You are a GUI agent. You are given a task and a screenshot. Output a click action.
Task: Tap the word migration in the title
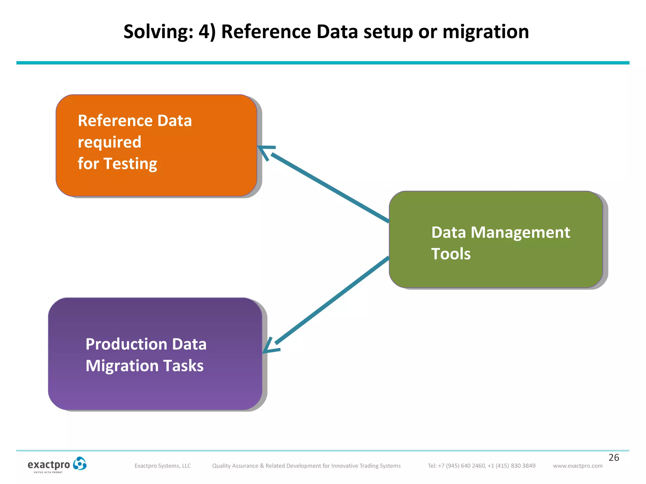(x=485, y=32)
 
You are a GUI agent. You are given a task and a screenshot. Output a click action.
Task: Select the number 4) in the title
(x=207, y=32)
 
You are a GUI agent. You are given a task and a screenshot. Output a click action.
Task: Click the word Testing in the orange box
(x=130, y=164)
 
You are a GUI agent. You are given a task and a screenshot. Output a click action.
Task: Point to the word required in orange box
(x=109, y=142)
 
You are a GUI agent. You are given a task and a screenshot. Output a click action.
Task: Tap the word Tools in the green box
(x=451, y=254)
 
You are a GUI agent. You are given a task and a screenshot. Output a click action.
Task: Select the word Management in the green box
(x=520, y=233)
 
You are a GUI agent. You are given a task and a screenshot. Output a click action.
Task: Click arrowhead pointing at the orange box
(x=264, y=150)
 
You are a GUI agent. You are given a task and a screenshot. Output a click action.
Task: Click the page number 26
(x=614, y=458)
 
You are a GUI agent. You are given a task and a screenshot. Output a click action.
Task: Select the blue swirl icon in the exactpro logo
(x=79, y=464)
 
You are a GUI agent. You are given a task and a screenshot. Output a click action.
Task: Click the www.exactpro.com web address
(x=577, y=466)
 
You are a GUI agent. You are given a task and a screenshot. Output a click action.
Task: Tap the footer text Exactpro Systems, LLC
(x=162, y=466)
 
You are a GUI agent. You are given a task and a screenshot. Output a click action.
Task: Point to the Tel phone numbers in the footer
(x=481, y=466)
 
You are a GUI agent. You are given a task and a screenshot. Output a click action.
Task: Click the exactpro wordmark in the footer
(x=49, y=465)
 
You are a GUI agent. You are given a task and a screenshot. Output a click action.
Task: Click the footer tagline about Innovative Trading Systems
(x=306, y=466)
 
